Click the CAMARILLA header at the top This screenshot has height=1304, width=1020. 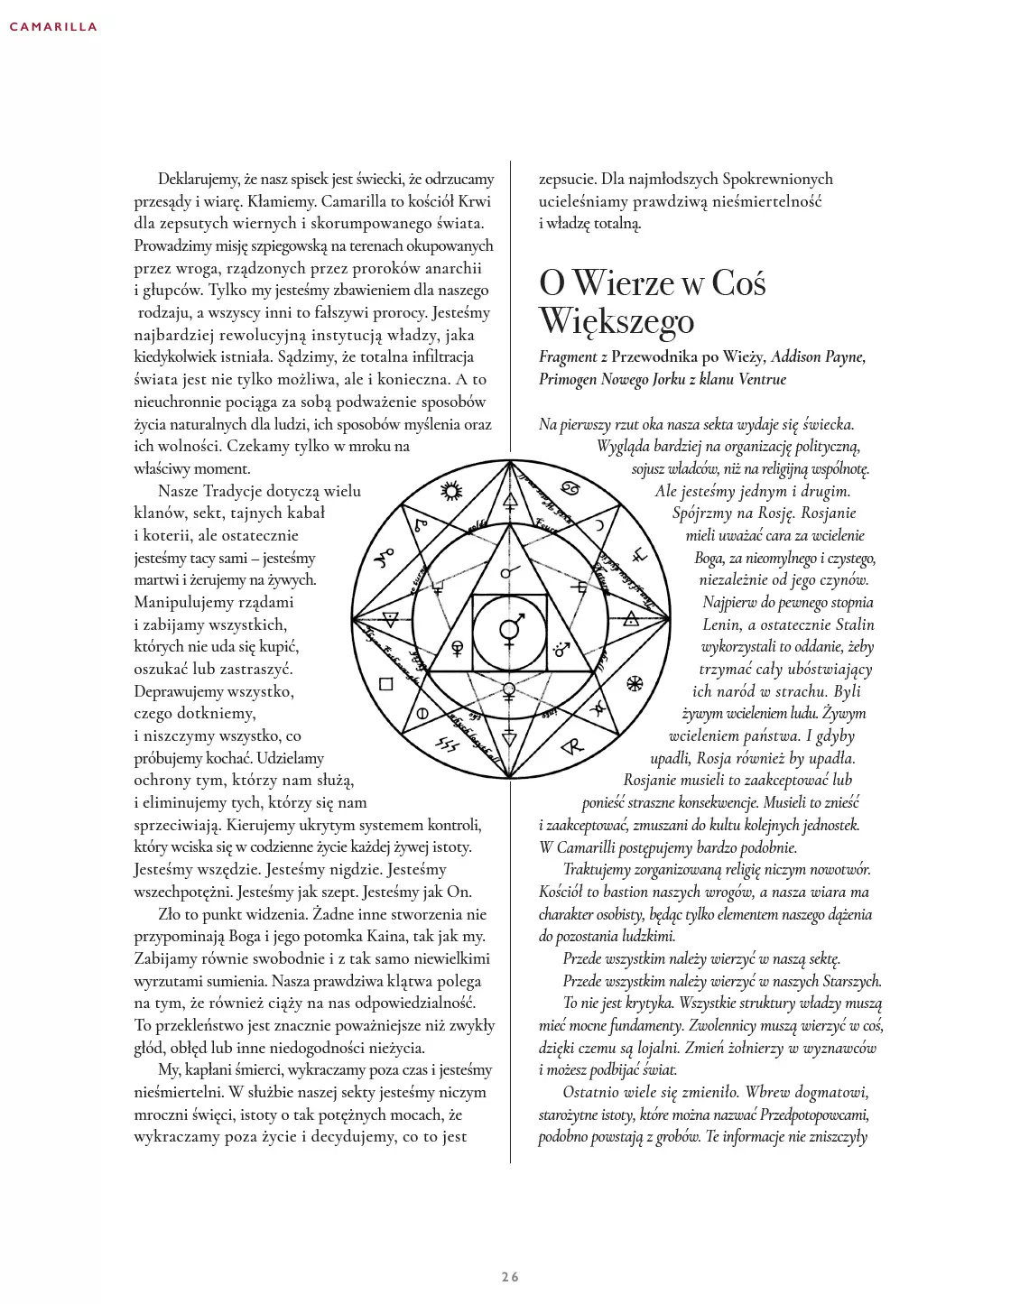pyautogui.click(x=52, y=27)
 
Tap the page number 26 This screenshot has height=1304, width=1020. pyautogui.click(x=510, y=1276)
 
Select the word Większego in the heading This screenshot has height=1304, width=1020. pyautogui.click(x=617, y=321)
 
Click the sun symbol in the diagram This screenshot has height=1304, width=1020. pyautogui.click(x=450, y=490)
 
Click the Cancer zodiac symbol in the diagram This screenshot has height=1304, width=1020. pyautogui.click(x=570, y=490)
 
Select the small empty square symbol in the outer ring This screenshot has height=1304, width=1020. pyautogui.click(x=385, y=683)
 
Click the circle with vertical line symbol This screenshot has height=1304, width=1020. pyautogui.click(x=421, y=713)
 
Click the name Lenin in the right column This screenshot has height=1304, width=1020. pyautogui.click(x=724, y=624)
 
